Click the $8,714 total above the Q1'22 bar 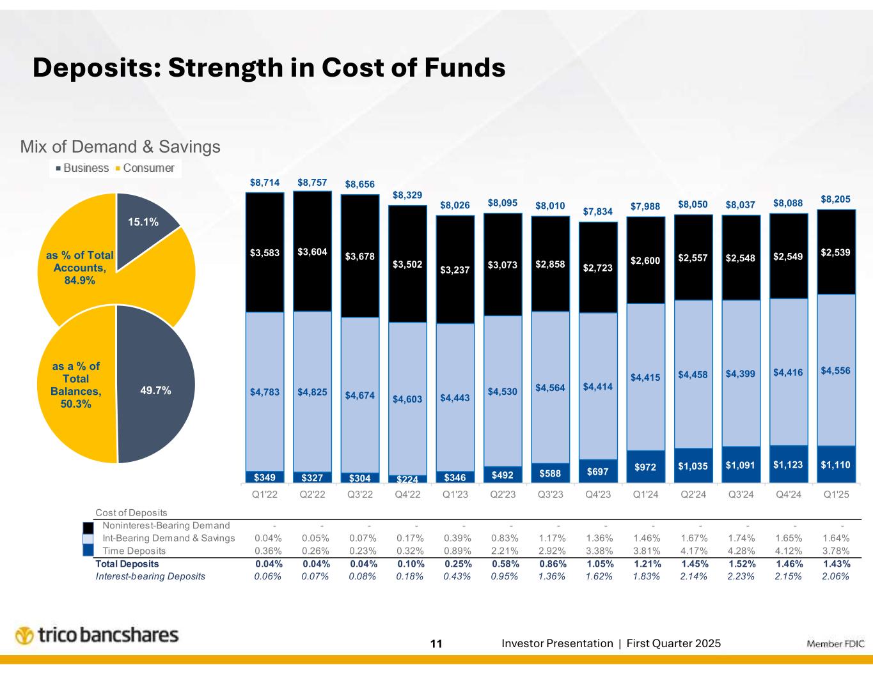[x=265, y=182]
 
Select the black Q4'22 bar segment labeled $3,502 [x=408, y=263]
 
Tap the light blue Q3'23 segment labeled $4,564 [x=551, y=387]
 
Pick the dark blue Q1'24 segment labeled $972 [x=645, y=467]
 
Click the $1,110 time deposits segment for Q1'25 [x=836, y=464]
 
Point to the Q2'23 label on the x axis [x=503, y=494]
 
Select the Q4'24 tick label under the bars [x=788, y=494]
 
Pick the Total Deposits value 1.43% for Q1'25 [x=836, y=564]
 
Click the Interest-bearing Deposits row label [x=150, y=576]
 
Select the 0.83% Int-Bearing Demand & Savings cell [x=503, y=539]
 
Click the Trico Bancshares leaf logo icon [x=25, y=636]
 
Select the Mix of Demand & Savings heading [x=121, y=147]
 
